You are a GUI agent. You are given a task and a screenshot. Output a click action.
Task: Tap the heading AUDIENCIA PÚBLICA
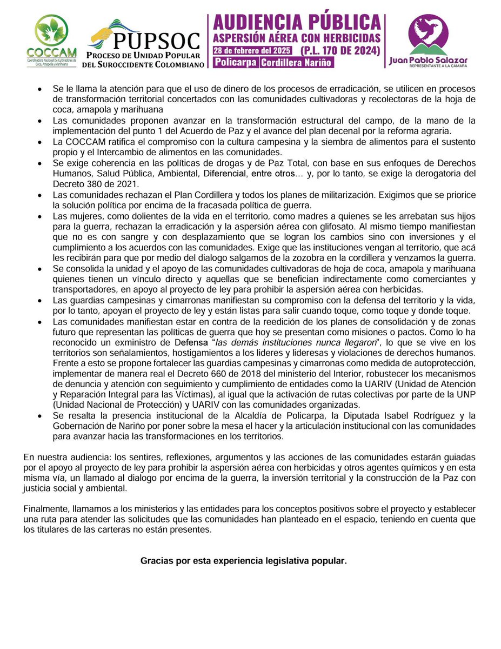pyautogui.click(x=296, y=23)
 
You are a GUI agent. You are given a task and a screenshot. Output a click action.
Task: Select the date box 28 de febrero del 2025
pyautogui.click(x=252, y=50)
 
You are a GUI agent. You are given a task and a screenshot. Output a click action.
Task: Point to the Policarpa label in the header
pyautogui.click(x=235, y=62)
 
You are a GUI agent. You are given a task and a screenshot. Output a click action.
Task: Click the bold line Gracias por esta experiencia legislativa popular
pyautogui.click(x=244, y=561)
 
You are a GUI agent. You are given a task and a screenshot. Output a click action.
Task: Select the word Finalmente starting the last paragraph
pyautogui.click(x=45, y=509)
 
